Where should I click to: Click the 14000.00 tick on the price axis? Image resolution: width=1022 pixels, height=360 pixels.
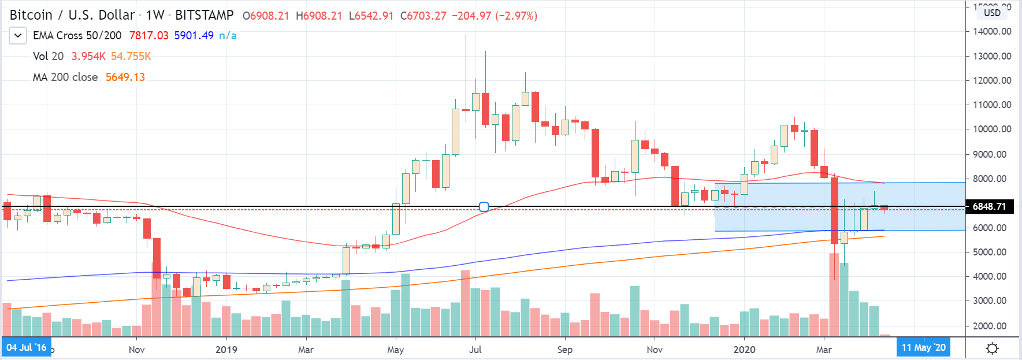pyautogui.click(x=992, y=31)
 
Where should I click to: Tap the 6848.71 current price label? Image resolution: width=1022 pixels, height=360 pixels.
pyautogui.click(x=989, y=206)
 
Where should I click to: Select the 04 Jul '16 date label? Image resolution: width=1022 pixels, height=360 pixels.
pyautogui.click(x=27, y=347)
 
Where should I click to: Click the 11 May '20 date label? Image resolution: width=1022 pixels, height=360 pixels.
pyautogui.click(x=923, y=347)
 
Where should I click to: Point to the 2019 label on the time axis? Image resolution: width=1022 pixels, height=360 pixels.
pyautogui.click(x=226, y=350)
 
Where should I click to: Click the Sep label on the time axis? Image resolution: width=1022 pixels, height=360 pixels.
pyautogui.click(x=564, y=350)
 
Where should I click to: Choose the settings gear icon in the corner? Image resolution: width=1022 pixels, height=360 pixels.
pyautogui.click(x=992, y=348)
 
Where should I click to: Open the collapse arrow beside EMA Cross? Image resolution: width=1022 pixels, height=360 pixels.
pyautogui.click(x=18, y=36)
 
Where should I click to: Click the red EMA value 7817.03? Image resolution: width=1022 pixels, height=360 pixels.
pyautogui.click(x=148, y=36)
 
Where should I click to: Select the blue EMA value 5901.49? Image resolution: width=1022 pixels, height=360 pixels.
pyautogui.click(x=194, y=36)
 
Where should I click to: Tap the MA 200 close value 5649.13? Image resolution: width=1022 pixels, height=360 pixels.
pyautogui.click(x=125, y=77)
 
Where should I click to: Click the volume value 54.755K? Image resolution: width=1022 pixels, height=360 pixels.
pyautogui.click(x=131, y=57)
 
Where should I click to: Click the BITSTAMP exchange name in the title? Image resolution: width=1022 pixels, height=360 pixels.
pyautogui.click(x=204, y=16)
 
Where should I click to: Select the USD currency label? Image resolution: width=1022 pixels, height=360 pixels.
pyautogui.click(x=992, y=13)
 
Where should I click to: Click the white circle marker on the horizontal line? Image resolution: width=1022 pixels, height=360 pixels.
pyautogui.click(x=484, y=207)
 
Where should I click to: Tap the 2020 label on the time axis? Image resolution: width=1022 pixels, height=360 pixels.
pyautogui.click(x=744, y=350)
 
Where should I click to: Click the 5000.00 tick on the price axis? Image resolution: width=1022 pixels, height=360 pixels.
pyautogui.click(x=992, y=252)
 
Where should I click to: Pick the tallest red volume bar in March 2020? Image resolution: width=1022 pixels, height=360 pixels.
pyautogui.click(x=834, y=295)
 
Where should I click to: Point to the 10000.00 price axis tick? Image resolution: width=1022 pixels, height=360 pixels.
pyautogui.click(x=992, y=129)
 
